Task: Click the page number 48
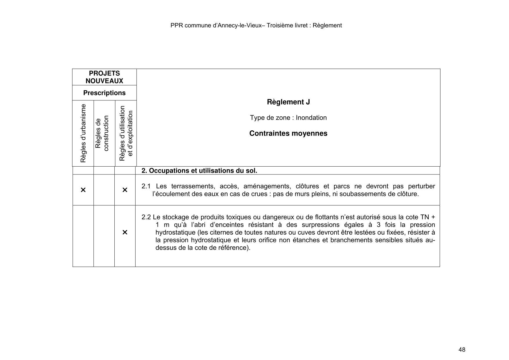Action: tap(462, 350)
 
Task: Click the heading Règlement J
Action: tap(288, 102)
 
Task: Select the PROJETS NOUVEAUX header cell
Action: tap(104, 77)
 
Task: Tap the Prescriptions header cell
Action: tap(104, 93)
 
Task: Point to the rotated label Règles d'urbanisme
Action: tap(83, 133)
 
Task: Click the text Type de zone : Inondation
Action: tap(288, 118)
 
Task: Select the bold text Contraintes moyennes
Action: tap(288, 133)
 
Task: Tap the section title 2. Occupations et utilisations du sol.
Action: tap(199, 171)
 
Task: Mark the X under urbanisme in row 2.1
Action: tap(83, 190)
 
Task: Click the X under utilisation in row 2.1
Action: tap(125, 190)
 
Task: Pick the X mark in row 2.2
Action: tap(125, 232)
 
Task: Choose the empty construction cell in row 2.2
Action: tap(104, 236)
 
